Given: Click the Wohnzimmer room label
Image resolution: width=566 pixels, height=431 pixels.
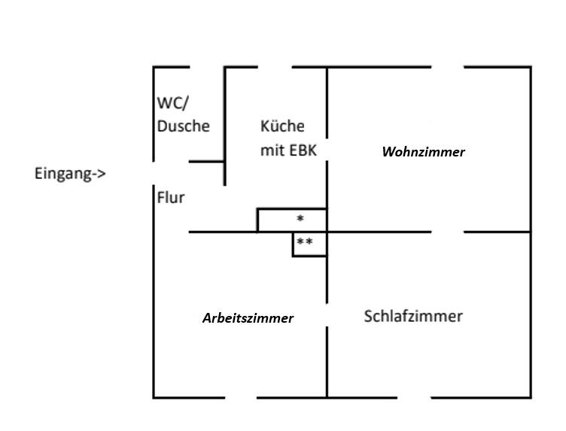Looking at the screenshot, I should (423, 152).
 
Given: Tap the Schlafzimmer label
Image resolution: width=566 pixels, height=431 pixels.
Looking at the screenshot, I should (412, 316).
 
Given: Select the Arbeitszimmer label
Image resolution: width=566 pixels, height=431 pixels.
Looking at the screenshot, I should (248, 318).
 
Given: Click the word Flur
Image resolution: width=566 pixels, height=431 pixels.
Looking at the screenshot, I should (171, 199).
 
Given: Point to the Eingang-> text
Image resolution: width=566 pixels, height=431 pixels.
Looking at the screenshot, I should (70, 174).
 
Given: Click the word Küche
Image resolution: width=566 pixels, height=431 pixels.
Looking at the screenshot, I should (282, 126).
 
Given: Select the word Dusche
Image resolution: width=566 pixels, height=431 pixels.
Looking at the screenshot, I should (183, 126).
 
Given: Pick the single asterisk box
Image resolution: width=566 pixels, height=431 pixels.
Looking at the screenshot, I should (300, 220).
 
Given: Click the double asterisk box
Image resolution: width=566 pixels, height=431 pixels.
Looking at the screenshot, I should (305, 243).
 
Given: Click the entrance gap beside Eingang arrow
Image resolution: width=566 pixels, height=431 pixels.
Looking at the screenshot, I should (154, 174).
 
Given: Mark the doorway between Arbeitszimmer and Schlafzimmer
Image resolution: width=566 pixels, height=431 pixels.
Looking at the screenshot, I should (327, 315).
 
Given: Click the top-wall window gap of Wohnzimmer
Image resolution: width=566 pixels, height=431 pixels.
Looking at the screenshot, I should (447, 67).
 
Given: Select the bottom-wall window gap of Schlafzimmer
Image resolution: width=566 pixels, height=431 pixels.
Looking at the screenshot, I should (414, 397).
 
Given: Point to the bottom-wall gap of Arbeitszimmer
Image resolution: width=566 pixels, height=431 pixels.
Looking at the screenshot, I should (241, 397).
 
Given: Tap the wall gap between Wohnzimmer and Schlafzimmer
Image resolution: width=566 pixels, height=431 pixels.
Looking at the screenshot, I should (447, 232).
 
